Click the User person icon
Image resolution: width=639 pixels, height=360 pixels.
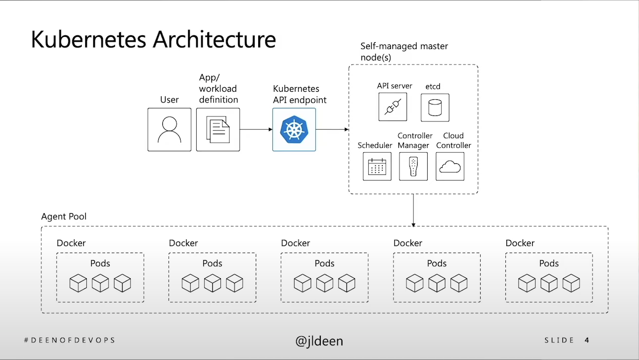[x=169, y=130]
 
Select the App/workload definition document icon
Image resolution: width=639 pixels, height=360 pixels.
[x=218, y=130]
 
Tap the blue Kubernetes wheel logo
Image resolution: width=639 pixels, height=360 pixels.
[x=294, y=130]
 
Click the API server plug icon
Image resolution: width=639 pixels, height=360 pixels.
[x=392, y=107]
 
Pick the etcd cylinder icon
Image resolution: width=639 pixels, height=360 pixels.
[x=435, y=107]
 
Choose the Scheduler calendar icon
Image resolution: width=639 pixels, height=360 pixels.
[x=377, y=166]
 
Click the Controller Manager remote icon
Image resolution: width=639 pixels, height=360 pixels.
[x=413, y=166]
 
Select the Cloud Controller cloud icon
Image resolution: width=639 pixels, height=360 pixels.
[x=450, y=166]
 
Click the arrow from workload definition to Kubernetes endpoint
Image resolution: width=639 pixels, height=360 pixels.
[x=256, y=130]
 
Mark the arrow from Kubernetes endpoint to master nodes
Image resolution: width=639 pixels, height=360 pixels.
[x=332, y=130]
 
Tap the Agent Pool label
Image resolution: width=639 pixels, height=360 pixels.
[x=64, y=217]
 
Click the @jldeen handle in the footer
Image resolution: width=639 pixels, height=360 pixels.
[x=319, y=341]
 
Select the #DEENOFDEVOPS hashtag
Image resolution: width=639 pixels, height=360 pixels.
[x=70, y=340]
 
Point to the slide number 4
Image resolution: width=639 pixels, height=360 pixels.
[x=587, y=340]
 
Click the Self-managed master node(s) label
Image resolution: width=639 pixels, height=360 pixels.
[x=404, y=51]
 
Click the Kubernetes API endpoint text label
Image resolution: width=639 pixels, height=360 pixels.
[x=300, y=94]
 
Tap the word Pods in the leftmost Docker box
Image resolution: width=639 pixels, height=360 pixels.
[x=100, y=263]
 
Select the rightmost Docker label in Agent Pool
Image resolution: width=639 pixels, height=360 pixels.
[x=520, y=243]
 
